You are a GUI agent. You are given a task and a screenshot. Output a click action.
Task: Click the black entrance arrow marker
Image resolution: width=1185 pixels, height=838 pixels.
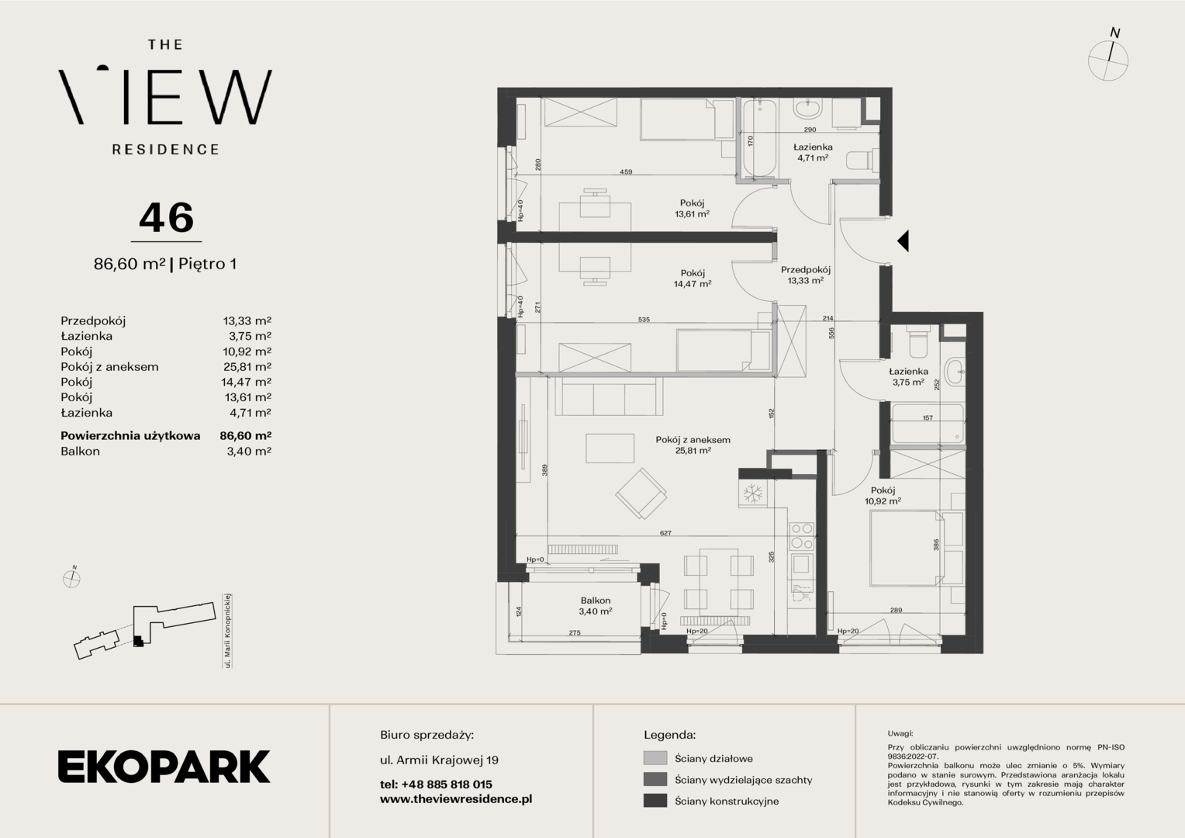[903, 241]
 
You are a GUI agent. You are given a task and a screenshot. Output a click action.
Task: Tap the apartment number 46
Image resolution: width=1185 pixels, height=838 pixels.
[166, 218]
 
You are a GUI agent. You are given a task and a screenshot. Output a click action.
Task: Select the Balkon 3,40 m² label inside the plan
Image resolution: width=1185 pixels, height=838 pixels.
[595, 605]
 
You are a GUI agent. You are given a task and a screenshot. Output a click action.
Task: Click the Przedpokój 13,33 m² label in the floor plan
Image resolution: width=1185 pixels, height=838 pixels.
[805, 275]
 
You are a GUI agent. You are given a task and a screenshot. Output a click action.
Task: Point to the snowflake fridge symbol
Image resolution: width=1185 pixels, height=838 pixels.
[752, 493]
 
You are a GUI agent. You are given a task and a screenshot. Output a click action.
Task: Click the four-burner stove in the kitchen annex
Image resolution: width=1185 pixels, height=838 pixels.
[801, 536]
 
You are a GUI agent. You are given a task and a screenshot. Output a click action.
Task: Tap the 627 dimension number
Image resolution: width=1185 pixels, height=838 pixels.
[665, 533]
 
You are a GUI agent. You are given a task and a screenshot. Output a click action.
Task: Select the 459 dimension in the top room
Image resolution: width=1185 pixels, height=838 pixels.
[626, 171]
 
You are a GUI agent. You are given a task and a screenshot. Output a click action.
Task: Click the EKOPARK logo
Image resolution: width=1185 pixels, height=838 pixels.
[164, 766]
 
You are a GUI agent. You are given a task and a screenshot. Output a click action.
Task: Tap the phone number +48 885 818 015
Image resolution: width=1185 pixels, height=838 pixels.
[447, 784]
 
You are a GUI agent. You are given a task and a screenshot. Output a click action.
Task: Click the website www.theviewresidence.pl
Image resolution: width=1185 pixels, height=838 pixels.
[456, 799]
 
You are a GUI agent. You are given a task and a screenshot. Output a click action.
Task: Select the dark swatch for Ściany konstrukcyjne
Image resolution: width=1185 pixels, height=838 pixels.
[655, 801]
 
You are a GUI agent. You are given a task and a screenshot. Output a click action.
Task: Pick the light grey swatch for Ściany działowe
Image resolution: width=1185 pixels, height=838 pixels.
[655, 758]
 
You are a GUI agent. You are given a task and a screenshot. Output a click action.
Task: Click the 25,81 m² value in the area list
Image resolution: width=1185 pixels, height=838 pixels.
[247, 366]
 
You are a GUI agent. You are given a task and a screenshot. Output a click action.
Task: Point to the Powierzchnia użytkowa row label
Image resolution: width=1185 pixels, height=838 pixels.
[130, 435]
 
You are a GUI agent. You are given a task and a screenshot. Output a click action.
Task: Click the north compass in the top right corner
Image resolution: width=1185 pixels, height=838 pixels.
[1108, 57]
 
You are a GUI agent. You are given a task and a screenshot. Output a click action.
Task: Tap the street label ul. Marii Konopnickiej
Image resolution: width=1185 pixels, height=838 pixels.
[227, 631]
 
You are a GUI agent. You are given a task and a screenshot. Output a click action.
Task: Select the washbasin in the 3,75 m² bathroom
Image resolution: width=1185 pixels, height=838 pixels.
[955, 372]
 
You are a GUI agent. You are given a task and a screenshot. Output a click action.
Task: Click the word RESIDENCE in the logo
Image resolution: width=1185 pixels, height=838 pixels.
[166, 150]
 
